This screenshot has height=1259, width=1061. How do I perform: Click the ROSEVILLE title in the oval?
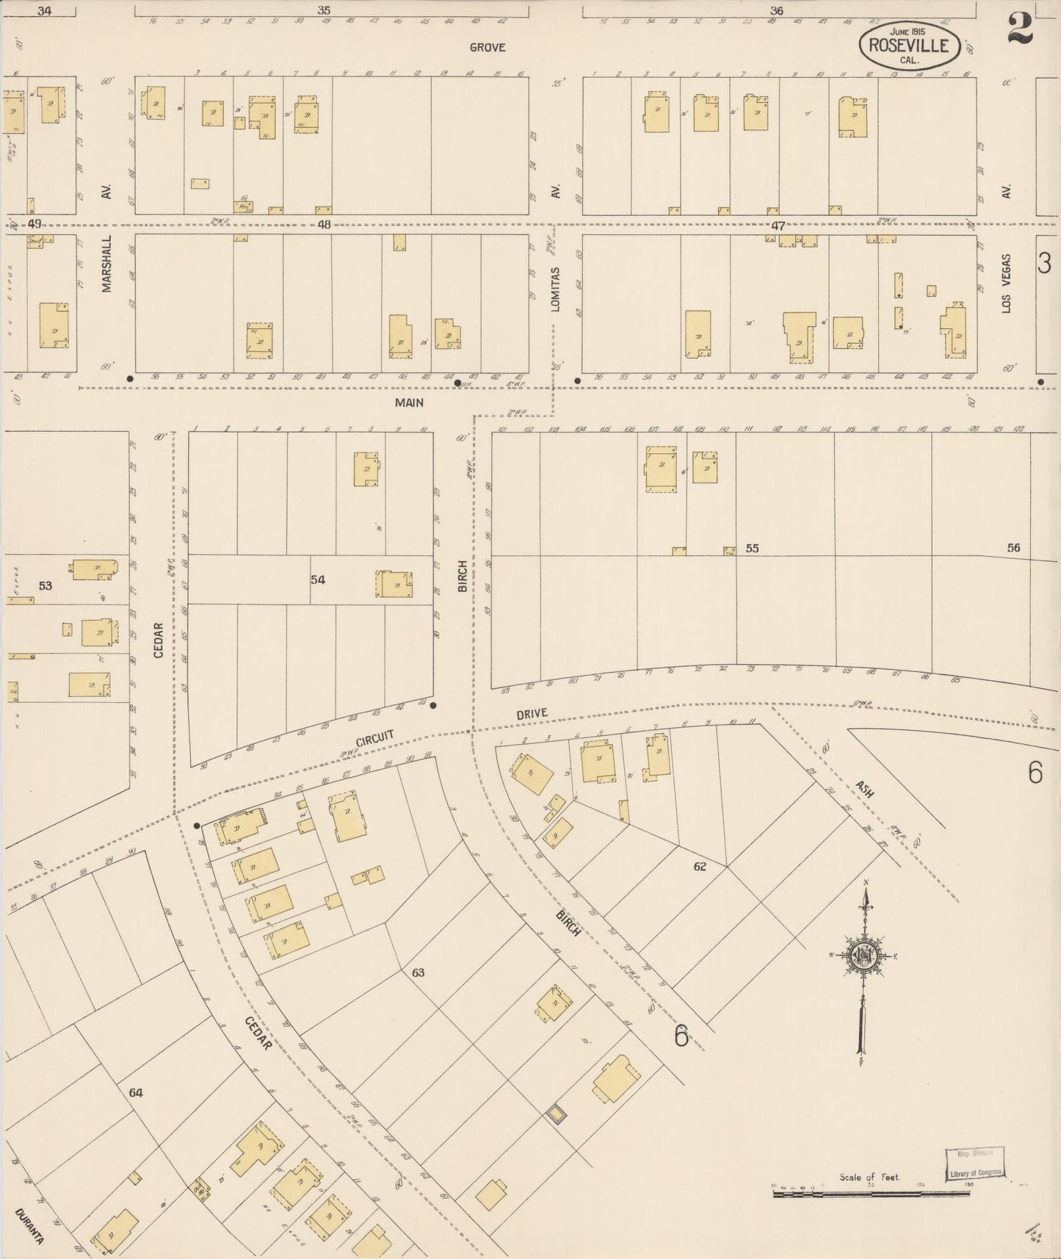[x=909, y=46]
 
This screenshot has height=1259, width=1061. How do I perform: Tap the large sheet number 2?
[x=1021, y=28]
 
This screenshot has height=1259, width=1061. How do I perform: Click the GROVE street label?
[x=488, y=47]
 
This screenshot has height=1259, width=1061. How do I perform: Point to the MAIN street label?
[x=409, y=403]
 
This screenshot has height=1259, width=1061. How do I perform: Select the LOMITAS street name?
[x=556, y=289]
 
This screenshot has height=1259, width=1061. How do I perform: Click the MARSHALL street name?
[x=107, y=264]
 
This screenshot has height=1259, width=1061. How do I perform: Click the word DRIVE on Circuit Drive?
[x=532, y=713]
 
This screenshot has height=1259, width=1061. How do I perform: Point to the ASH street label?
[x=864, y=790]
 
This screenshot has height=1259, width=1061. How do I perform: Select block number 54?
[x=317, y=580]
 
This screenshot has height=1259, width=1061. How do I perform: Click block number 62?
[x=700, y=867]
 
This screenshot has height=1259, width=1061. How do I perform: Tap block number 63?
[x=418, y=973]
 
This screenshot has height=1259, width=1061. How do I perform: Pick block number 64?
[x=136, y=1093]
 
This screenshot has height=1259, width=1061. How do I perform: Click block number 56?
[x=1013, y=548]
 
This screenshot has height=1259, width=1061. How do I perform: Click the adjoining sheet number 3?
[x=1044, y=263]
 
